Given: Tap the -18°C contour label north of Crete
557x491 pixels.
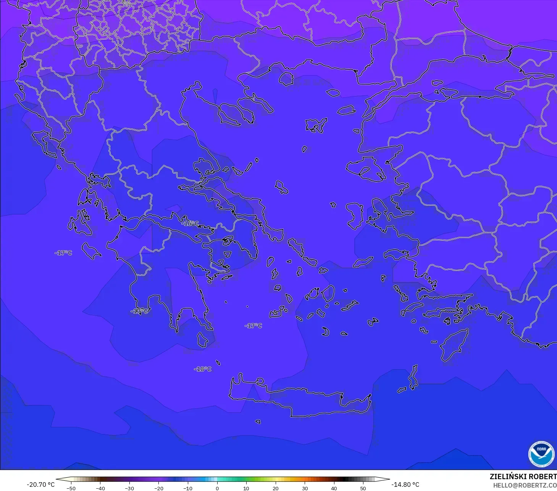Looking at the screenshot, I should pyautogui.click(x=202, y=369).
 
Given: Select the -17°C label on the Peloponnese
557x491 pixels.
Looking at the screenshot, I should pyautogui.click(x=139, y=311).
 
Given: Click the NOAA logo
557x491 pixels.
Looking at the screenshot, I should pyautogui.click(x=541, y=454).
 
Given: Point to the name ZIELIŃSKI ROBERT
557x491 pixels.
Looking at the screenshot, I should pyautogui.click(x=523, y=477).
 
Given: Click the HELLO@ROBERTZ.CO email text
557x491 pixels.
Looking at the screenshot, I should pyautogui.click(x=525, y=486).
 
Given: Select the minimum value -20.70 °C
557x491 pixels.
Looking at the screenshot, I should pyautogui.click(x=40, y=485).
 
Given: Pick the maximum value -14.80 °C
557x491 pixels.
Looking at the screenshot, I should pyautogui.click(x=405, y=485).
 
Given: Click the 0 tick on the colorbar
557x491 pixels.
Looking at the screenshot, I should pyautogui.click(x=217, y=488).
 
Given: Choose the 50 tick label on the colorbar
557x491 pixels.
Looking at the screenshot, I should pyautogui.click(x=363, y=488).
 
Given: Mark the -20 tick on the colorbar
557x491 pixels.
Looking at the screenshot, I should pyautogui.click(x=158, y=488).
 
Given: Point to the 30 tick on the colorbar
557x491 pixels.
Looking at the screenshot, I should pyautogui.click(x=305, y=488).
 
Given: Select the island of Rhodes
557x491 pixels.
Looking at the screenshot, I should pyautogui.click(x=454, y=345).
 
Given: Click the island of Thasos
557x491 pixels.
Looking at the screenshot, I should pyautogui.click(x=286, y=79).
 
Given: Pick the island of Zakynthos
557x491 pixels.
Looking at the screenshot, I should pyautogui.click(x=91, y=251).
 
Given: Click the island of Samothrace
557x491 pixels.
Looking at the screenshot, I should pyautogui.click(x=333, y=92).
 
